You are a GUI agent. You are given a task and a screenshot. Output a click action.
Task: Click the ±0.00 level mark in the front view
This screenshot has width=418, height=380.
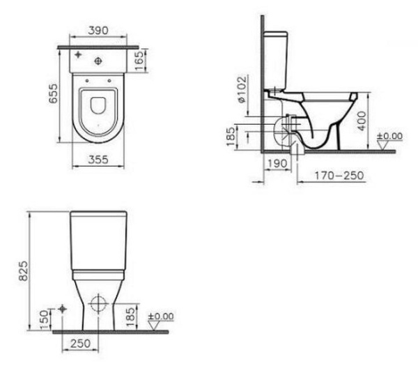tap(161, 317)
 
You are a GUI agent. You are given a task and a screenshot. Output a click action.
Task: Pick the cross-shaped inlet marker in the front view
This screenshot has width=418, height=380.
tap(63, 308)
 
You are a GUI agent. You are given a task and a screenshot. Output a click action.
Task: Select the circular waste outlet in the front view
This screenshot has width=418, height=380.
tap(96, 304)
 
